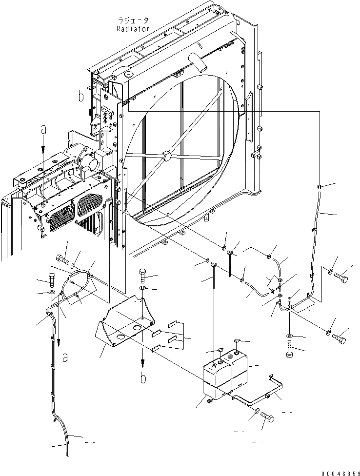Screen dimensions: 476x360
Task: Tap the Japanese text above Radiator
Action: pos(133,20)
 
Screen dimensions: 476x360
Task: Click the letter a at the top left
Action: pos(43,130)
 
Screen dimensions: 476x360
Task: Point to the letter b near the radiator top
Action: pos(80,97)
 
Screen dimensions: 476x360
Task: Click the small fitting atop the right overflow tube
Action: pos(319,187)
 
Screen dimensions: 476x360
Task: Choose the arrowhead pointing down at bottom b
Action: pos(143,365)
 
